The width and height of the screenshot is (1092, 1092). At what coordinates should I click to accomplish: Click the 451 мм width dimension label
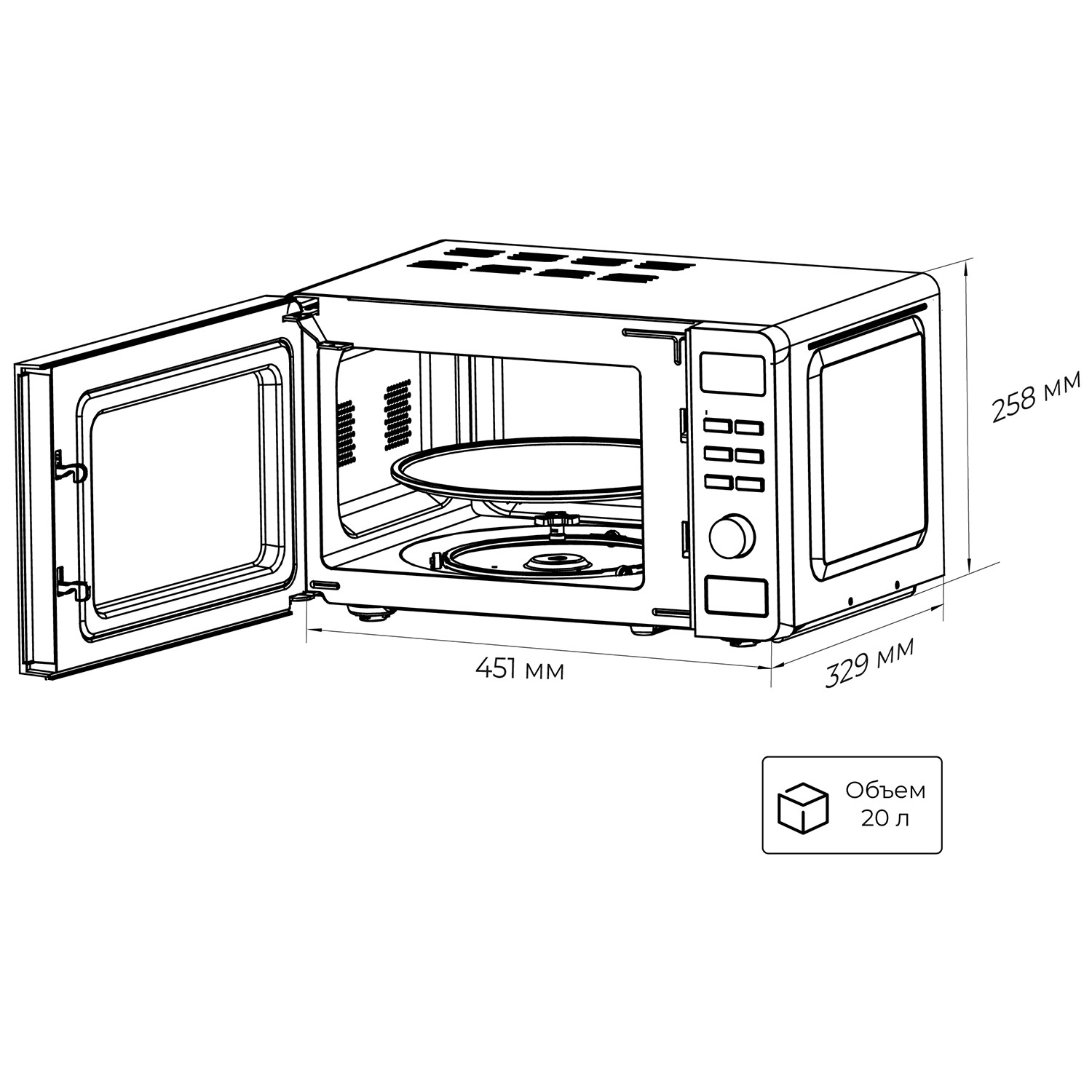click(520, 668)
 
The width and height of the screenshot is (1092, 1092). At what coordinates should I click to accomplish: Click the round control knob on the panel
click(732, 537)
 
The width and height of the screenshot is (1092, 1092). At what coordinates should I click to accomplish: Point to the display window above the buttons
click(732, 373)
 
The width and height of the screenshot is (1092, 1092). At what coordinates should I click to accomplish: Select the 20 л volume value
click(885, 819)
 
